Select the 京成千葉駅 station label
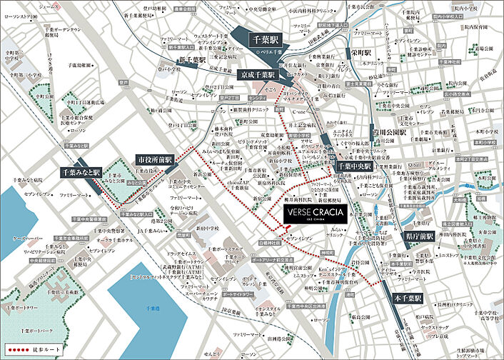(x=256, y=74)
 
